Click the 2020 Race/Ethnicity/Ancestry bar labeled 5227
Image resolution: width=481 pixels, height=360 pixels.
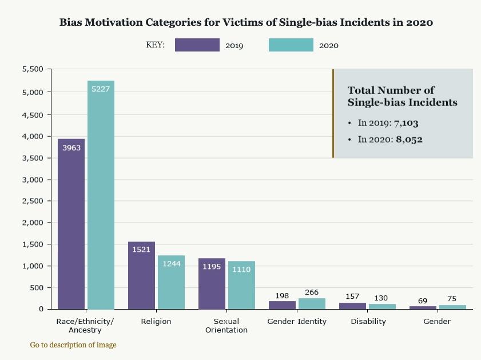click(101, 195)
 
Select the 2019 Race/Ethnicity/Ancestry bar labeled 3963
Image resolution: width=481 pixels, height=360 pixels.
click(71, 224)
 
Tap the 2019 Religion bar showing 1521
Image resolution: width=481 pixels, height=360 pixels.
click(141, 275)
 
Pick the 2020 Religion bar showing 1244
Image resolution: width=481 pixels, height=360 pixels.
click(171, 282)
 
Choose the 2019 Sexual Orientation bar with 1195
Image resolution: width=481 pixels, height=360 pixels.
click(212, 283)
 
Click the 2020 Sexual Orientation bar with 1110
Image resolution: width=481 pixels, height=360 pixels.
click(241, 285)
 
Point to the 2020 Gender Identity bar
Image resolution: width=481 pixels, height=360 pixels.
click(312, 303)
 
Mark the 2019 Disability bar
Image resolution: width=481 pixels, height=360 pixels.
click(352, 306)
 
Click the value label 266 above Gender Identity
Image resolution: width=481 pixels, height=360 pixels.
click(312, 293)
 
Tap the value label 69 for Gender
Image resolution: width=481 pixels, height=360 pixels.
click(422, 300)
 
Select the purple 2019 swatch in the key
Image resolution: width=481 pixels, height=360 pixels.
click(197, 45)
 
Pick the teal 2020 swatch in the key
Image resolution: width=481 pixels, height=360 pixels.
click(291, 45)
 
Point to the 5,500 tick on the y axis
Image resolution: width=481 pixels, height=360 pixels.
click(33, 69)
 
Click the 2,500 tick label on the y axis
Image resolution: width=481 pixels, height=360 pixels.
click(33, 201)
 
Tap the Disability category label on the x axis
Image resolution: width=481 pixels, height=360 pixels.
click(368, 322)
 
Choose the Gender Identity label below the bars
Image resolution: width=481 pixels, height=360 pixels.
click(297, 322)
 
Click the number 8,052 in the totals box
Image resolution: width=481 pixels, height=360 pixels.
click(409, 139)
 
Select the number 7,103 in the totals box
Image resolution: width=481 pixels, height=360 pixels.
click(407, 122)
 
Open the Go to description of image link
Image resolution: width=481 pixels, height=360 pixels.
click(73, 345)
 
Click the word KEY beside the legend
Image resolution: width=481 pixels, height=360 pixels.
click(156, 45)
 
